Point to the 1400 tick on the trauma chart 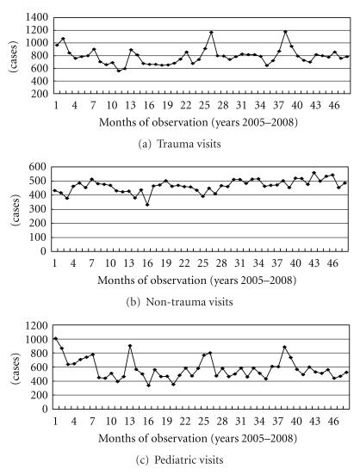pyautogui.click(x=37, y=18)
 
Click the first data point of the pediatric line pyautogui.click(x=56, y=338)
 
